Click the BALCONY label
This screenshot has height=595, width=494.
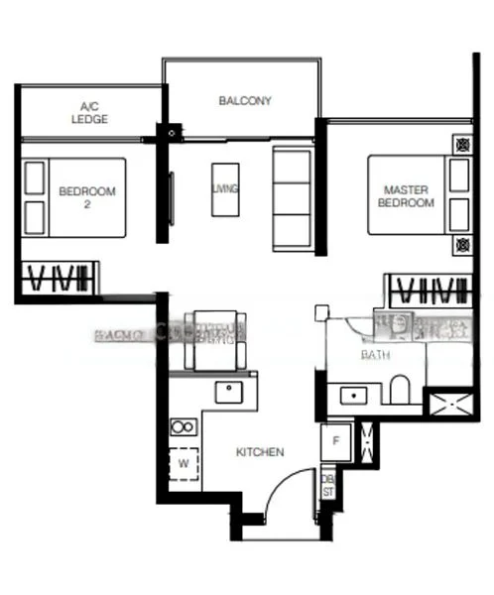(x=244, y=100)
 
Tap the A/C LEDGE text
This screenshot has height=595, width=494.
(x=88, y=112)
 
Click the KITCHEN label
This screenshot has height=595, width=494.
(x=260, y=452)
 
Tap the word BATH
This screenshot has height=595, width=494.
(x=375, y=354)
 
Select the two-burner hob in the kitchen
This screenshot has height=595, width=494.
(x=184, y=427)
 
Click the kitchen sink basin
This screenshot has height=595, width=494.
(x=230, y=392)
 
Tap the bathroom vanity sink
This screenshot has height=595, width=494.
(x=354, y=396)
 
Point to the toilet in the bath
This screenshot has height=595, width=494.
(x=400, y=390)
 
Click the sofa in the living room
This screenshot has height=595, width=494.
(x=292, y=197)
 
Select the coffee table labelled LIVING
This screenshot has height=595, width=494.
(x=225, y=188)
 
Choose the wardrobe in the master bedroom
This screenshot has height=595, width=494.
(x=429, y=292)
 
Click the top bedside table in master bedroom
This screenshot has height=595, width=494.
(x=461, y=145)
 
